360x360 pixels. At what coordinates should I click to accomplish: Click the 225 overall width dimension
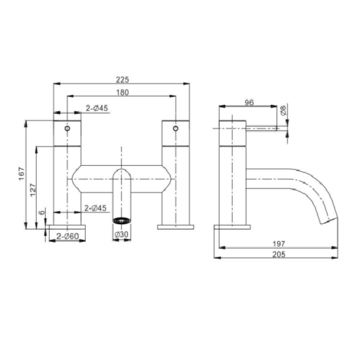pos(123,79)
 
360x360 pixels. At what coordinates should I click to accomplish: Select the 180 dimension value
pos(123,92)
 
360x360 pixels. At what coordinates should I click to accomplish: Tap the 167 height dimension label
pos(22,174)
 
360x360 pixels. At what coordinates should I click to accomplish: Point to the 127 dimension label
pos(33,190)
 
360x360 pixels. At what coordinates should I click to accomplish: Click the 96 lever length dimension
pos(249,102)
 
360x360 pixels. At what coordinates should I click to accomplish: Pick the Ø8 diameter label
pos(283,110)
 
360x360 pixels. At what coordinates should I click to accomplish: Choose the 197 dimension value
pos(279,243)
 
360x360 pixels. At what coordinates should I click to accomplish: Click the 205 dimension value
pos(279,254)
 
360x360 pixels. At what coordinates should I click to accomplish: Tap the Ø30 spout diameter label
pos(121,234)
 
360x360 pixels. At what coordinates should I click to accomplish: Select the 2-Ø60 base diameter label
pos(68,236)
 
